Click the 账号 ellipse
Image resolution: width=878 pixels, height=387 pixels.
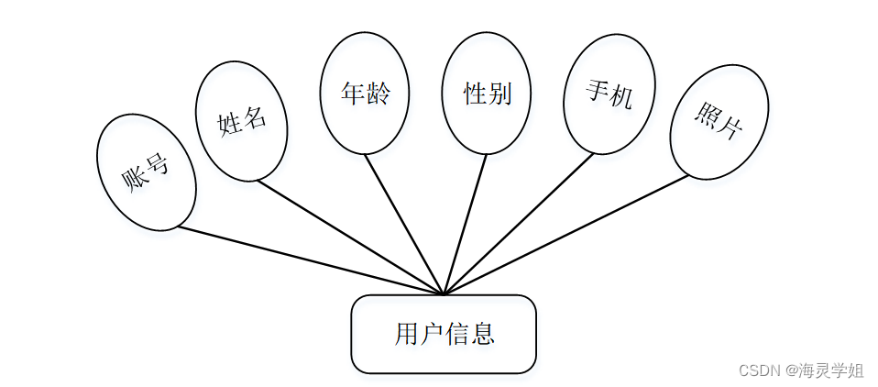point(146,171)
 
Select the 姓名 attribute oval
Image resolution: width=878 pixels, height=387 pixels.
point(242,121)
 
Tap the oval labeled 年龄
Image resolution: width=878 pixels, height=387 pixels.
point(365,94)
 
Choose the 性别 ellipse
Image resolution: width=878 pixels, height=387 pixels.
point(487,94)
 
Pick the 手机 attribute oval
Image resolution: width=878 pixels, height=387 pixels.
point(609,94)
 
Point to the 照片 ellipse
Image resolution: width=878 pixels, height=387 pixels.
point(719,122)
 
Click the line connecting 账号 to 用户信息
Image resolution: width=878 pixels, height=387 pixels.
point(312,261)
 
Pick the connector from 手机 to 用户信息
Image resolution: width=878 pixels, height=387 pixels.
point(519,224)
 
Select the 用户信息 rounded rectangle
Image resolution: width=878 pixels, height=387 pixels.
point(444,334)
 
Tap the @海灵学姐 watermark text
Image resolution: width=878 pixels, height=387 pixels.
point(824,370)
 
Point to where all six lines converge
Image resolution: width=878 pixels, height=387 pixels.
point(444,294)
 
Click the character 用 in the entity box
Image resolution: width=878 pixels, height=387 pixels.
point(406,334)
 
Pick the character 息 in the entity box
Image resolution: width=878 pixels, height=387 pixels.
point(482,334)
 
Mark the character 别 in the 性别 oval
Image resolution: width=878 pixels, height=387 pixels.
point(499,94)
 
